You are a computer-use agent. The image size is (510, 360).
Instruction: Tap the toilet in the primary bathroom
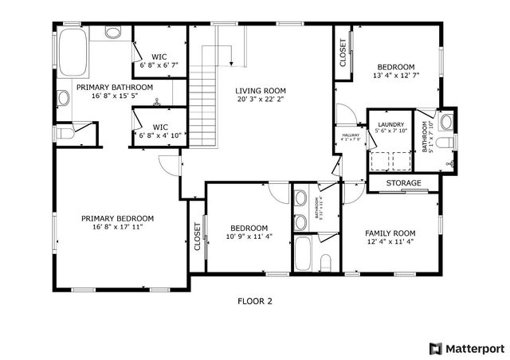[65, 133]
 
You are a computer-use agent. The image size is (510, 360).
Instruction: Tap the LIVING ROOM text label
[260, 91]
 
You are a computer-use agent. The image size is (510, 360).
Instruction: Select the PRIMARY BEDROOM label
[117, 218]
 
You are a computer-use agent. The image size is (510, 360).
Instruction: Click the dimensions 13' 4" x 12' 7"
[396, 76]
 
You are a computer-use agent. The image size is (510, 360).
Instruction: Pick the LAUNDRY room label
[390, 124]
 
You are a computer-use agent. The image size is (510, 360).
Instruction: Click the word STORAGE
[403, 184]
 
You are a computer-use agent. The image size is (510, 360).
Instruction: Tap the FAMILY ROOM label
[390, 233]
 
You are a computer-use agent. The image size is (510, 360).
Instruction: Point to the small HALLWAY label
[351, 135]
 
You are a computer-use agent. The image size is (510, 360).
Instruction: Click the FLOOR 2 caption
[255, 301]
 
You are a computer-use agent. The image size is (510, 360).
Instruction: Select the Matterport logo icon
[434, 347]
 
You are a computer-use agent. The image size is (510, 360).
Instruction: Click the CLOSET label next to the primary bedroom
[197, 237]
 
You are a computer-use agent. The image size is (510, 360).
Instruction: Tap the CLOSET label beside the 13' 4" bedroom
[343, 56]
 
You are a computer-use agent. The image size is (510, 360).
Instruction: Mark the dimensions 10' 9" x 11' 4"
[249, 236]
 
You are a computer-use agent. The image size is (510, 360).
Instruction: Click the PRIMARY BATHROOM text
[115, 87]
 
